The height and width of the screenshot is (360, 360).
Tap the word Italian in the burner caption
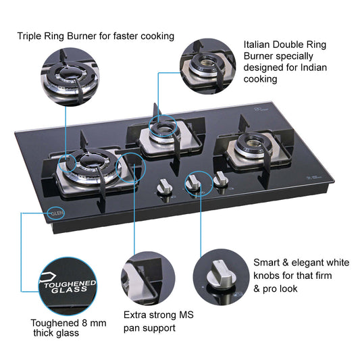coord(257,45)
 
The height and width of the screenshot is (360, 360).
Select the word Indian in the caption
coord(313,68)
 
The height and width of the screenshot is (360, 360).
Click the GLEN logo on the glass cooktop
coord(57,213)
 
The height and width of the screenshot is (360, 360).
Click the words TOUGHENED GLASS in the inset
coord(70,286)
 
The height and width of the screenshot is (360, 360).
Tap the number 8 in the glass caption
coord(84,324)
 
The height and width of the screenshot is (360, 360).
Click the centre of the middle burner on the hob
coord(163,129)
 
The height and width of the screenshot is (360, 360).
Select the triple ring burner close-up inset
coord(70,77)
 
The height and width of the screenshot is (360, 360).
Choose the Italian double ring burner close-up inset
coord(208,66)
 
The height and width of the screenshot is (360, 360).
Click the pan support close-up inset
coord(148,278)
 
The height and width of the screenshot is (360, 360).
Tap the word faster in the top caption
coord(126,36)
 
